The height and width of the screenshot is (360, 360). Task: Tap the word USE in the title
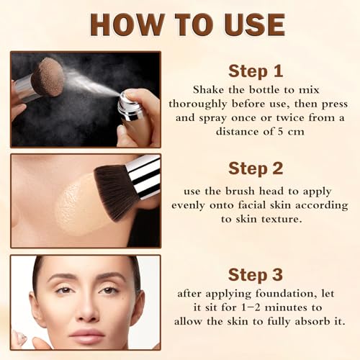(248, 24)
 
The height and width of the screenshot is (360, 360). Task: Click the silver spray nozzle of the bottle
(132, 104)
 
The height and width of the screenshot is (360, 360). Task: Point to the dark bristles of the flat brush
(112, 189)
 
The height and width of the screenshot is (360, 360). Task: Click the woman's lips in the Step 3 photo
(87, 335)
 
